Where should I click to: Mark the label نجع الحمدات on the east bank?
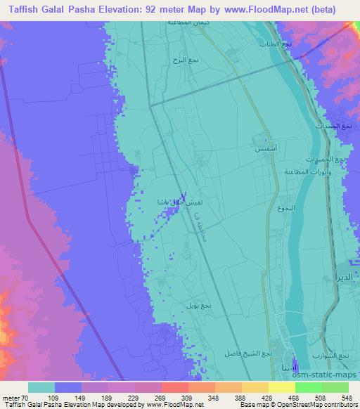click(344, 126)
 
